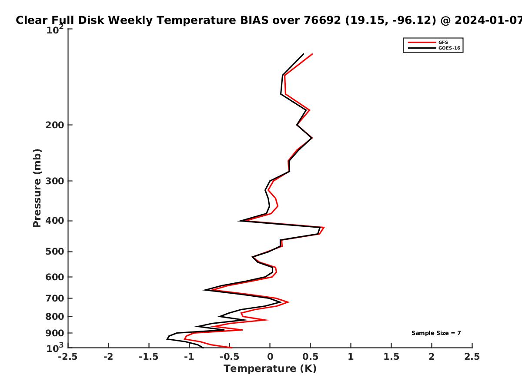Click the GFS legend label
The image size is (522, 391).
pos(443,43)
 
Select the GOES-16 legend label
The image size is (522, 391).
pos(449,48)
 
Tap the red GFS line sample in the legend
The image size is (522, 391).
pos(422,43)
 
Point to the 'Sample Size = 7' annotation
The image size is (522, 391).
pos(436,333)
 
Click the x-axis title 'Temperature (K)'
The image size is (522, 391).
pos(270,369)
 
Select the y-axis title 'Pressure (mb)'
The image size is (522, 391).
pos(37,188)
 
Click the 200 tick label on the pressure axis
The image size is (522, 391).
pos(55,125)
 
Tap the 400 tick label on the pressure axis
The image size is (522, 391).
pos(55,221)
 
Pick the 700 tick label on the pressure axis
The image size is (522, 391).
pos(55,298)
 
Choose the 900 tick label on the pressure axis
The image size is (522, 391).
pos(55,333)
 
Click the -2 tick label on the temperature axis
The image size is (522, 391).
pos(108,357)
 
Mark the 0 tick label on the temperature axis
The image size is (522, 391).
pos(270,357)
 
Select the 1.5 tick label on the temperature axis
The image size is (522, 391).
pos(391,357)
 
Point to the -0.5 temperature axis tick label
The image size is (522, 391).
pos(230,357)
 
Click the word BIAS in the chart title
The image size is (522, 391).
pos(254,20)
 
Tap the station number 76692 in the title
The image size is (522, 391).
pos(322,20)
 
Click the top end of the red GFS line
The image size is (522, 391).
pos(312,54)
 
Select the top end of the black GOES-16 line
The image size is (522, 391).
pos(304,54)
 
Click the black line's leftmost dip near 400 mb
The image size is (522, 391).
pos(239,221)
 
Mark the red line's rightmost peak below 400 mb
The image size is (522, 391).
pos(324,227)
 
